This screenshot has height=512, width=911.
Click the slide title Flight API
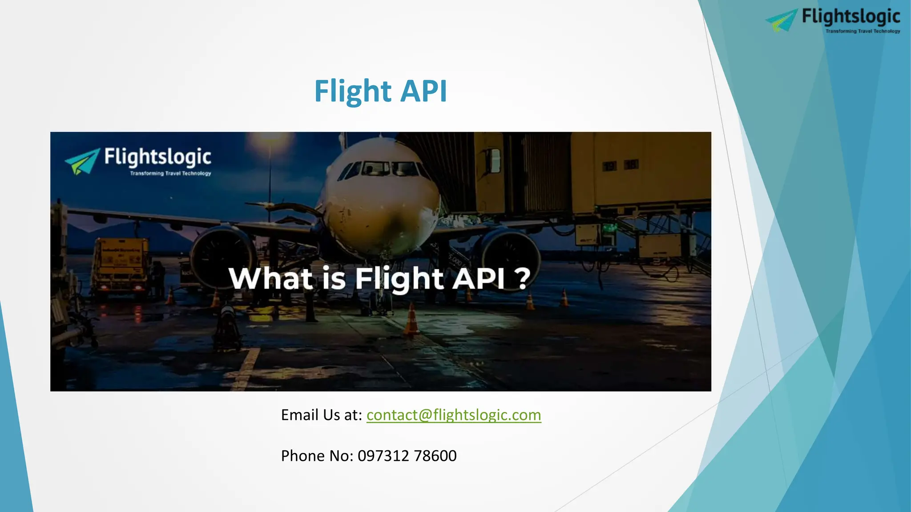point(380,91)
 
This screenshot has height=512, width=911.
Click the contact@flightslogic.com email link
point(454,415)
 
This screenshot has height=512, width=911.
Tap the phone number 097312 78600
point(407,456)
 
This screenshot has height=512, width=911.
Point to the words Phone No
point(316,456)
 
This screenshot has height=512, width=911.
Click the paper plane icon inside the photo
point(82,161)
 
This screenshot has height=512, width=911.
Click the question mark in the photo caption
point(523,279)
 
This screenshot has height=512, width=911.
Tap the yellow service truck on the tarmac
point(120,267)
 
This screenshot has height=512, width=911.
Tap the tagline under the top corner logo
point(863,31)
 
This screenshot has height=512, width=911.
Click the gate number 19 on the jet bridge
point(609,166)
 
